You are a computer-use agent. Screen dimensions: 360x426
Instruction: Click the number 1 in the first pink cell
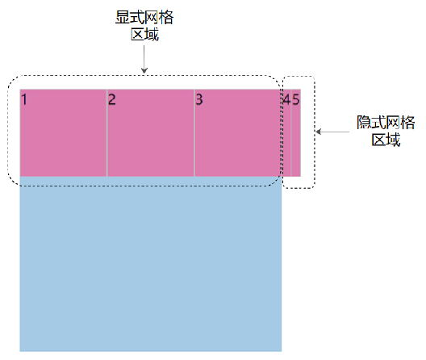pyautogui.click(x=25, y=100)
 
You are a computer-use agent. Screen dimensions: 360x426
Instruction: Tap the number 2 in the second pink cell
pyautogui.click(x=112, y=100)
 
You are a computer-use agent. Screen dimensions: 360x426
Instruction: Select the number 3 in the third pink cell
pyautogui.click(x=199, y=100)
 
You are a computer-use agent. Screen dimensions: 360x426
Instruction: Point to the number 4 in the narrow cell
pyautogui.click(x=286, y=100)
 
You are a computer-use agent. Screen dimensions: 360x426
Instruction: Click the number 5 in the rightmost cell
pyautogui.click(x=295, y=100)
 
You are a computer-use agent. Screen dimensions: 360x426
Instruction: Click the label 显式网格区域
pyautogui.click(x=144, y=25)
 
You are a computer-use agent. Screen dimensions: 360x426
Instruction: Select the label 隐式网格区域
pyautogui.click(x=386, y=131)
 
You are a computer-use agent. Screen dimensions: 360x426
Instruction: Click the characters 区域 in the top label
pyautogui.click(x=144, y=33)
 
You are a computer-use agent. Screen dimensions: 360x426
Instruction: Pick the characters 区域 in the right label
pyautogui.click(x=386, y=139)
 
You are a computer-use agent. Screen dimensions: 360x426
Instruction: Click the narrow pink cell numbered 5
pyautogui.click(x=296, y=141)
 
